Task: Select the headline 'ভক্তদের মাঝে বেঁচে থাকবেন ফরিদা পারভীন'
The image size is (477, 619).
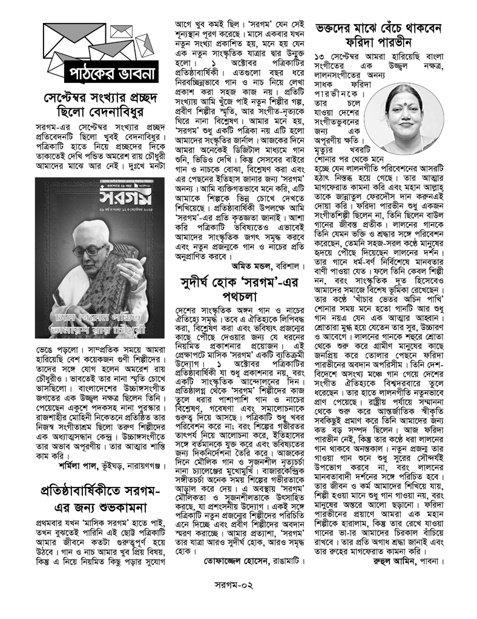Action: tap(381, 38)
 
